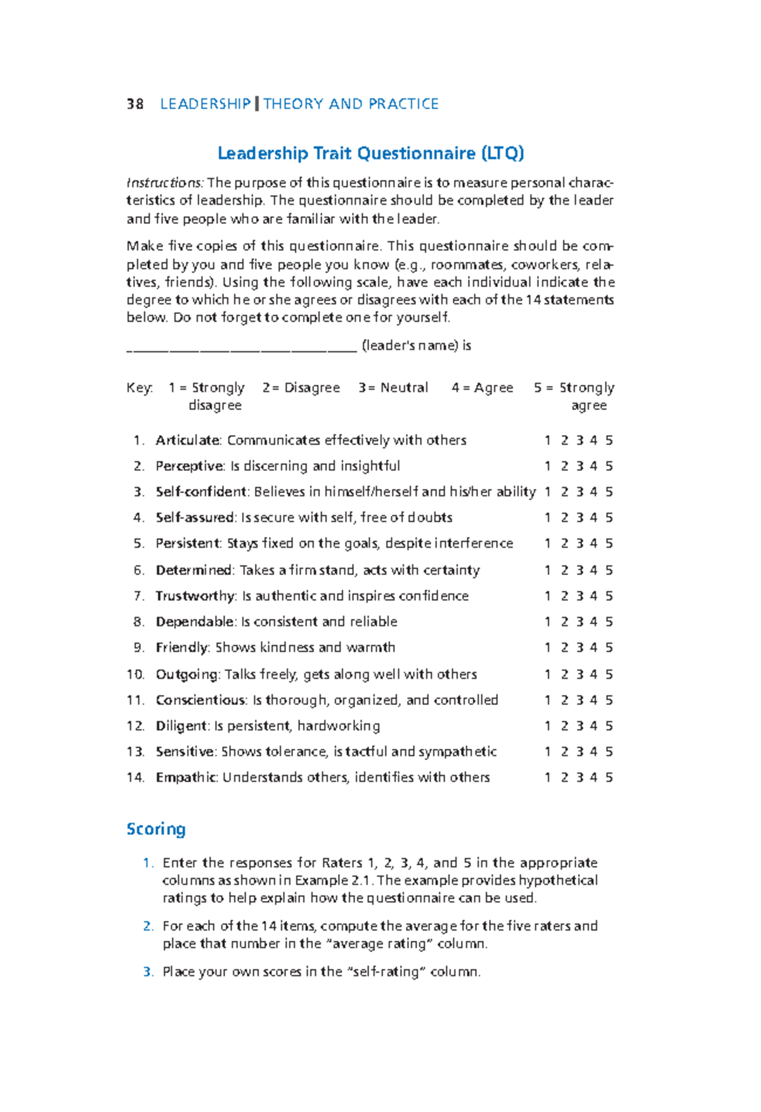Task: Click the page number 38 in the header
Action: point(135,104)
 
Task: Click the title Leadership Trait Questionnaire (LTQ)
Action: point(371,153)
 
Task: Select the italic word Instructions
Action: point(164,183)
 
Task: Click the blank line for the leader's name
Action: point(242,347)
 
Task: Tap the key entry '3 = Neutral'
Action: point(393,387)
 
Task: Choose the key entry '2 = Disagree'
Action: point(301,387)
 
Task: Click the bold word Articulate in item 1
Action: point(188,440)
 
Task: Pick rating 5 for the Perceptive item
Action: point(609,466)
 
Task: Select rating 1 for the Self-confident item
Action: point(547,492)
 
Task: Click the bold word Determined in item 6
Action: point(194,570)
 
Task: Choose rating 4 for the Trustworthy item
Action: point(594,596)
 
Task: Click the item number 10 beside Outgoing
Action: point(136,675)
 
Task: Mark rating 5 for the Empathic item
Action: point(609,777)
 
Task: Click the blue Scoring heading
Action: point(156,829)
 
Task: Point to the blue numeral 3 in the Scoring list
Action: point(147,972)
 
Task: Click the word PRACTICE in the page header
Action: point(403,104)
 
